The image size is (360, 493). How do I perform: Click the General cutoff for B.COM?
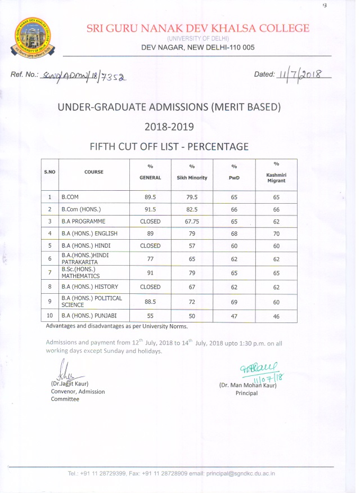coord(150,198)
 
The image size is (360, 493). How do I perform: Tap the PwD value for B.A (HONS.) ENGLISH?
coord(234,233)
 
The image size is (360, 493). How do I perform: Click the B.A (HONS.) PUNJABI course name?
coord(89,316)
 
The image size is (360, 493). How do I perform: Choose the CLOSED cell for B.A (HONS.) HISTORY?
coord(150,286)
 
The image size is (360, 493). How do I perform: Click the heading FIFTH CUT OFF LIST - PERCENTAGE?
coord(169,146)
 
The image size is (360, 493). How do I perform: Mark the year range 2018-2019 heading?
coord(169,126)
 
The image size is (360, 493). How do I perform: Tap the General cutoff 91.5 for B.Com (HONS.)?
coord(150,209)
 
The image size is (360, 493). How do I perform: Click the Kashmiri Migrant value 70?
coord(276,233)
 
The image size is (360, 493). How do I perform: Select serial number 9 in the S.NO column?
coord(50,301)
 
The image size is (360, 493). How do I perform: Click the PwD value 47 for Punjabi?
coord(234,316)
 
